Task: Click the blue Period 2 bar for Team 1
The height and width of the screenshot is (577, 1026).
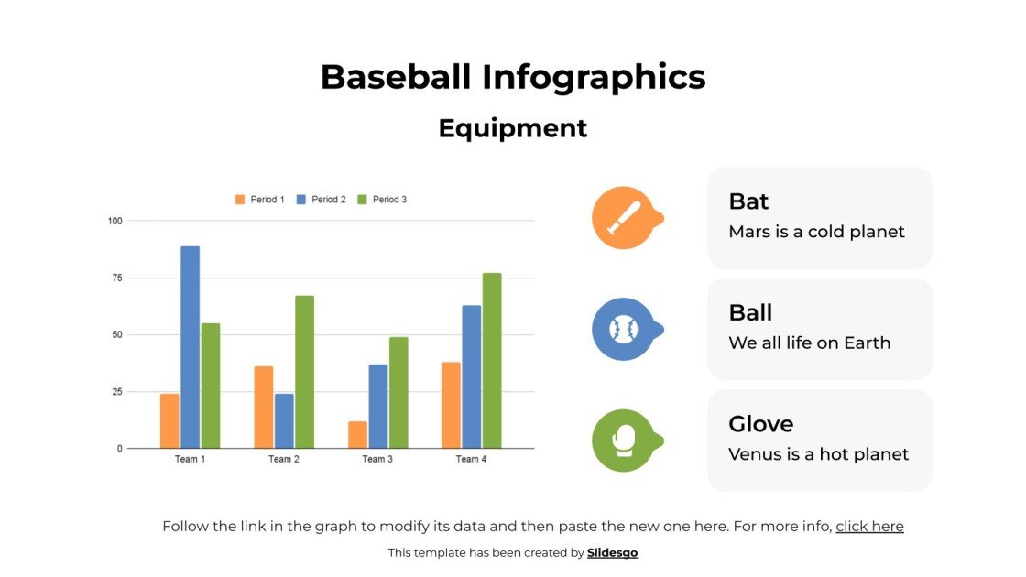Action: [190, 347]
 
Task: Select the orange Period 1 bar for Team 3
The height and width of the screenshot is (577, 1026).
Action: [357, 435]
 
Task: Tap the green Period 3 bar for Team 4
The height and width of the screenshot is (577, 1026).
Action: [492, 361]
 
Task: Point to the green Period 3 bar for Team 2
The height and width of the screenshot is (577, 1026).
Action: [304, 372]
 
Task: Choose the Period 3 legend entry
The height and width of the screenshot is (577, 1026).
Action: [382, 200]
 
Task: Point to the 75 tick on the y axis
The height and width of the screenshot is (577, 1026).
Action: [115, 278]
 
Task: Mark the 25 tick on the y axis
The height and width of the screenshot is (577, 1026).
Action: [115, 392]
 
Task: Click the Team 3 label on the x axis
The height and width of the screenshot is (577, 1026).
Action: [377, 460]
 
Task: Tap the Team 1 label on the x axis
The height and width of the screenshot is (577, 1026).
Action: [190, 460]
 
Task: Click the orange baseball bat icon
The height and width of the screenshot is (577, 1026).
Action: [623, 218]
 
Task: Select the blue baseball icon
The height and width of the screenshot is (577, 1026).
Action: [623, 329]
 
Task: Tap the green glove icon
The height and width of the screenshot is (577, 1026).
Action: [623, 441]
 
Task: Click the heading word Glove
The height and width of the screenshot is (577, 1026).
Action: [760, 424]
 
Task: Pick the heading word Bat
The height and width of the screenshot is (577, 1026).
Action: [748, 201]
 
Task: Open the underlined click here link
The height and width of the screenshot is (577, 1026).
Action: [869, 527]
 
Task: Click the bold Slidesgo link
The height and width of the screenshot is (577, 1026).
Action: [612, 552]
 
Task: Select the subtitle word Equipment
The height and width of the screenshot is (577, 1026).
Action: [513, 128]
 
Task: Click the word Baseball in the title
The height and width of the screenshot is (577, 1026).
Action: [396, 77]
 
